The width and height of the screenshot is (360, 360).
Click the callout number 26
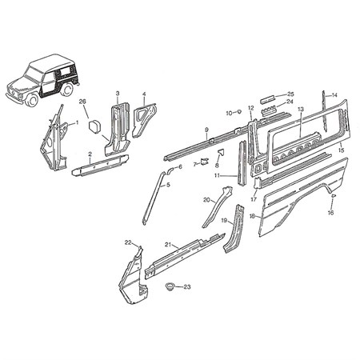tap(83, 102)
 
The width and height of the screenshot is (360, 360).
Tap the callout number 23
tap(187, 287)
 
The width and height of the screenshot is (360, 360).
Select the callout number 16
tap(330, 213)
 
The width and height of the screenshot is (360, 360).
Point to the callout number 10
tap(230, 114)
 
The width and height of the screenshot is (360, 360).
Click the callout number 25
tap(290, 94)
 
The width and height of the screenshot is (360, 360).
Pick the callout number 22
tap(129, 242)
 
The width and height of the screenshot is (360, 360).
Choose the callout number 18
tap(253, 216)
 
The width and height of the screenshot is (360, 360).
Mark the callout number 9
tap(206, 130)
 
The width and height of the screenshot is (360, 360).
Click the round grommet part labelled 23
tap(170, 287)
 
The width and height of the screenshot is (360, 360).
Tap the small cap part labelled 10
tap(239, 111)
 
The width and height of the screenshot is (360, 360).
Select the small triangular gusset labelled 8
tap(221, 153)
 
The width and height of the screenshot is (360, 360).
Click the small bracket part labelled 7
tap(205, 162)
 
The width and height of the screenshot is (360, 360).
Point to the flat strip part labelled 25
tap(267, 99)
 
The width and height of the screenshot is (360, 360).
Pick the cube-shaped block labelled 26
tap(94, 126)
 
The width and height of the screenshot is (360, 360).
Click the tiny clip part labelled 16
tap(333, 195)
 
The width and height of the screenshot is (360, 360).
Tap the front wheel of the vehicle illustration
tap(33, 100)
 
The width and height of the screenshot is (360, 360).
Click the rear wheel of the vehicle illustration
tap(67, 90)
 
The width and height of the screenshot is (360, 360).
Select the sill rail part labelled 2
tap(100, 166)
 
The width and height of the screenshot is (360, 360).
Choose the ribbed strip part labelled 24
tap(268, 110)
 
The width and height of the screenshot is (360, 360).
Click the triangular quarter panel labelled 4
tap(144, 120)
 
